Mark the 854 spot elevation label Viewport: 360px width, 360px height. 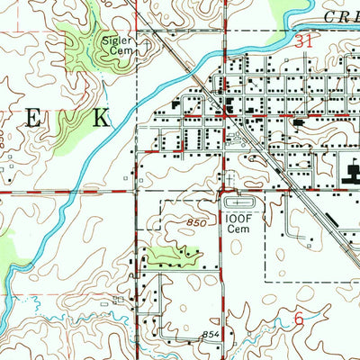210,335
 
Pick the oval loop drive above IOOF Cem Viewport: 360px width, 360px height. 236,203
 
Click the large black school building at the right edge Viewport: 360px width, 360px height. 346,166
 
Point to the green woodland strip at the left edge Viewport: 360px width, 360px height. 7,252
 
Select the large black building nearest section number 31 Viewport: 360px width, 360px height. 224,109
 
